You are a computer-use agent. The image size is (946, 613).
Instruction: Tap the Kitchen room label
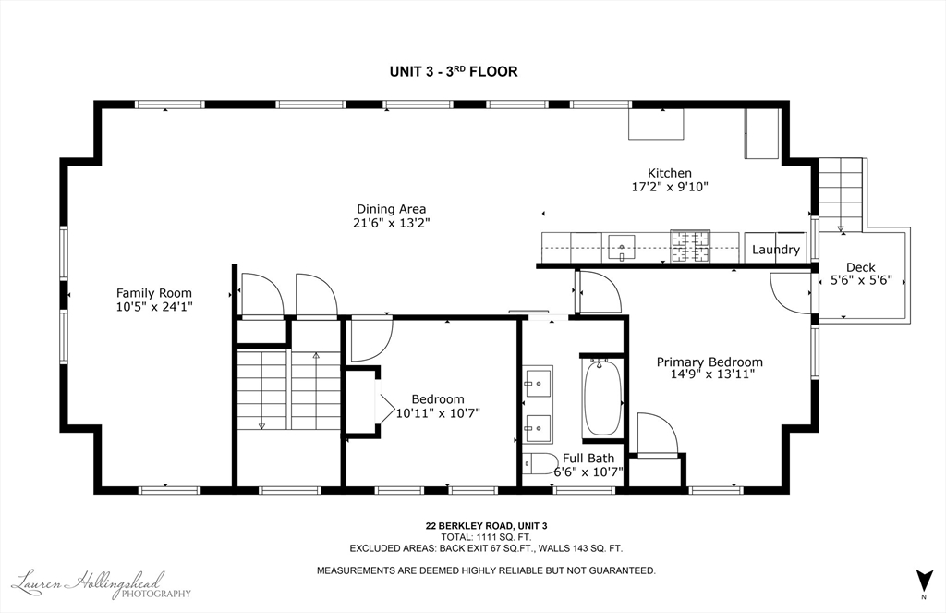669,173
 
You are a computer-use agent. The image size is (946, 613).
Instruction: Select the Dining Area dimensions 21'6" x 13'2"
392,223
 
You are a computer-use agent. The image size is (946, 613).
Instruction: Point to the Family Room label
154,293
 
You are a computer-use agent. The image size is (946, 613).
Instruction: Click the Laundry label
775,250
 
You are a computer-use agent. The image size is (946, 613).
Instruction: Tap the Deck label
860,267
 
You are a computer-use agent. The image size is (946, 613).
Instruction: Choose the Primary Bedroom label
709,362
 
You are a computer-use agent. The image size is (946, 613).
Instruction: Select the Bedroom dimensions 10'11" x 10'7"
438,413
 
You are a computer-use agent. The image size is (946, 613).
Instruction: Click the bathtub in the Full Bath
602,398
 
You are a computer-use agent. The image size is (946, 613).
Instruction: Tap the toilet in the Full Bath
540,464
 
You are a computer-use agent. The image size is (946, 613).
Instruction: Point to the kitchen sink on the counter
623,248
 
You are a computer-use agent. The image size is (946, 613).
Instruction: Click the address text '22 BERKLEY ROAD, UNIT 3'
486,525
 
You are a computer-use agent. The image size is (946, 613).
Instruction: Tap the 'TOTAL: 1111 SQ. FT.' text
486,536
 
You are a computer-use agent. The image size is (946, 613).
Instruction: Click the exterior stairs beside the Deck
841,194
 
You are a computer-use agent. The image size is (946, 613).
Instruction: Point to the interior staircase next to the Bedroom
287,388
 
